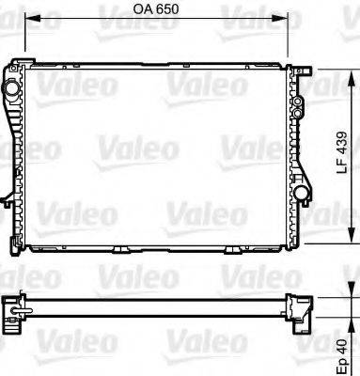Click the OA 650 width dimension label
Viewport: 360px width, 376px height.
coord(154,8)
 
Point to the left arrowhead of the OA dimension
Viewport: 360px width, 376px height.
coord(28,18)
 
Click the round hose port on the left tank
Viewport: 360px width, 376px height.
coord(12,88)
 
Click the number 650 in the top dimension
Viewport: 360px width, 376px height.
coord(166,8)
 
